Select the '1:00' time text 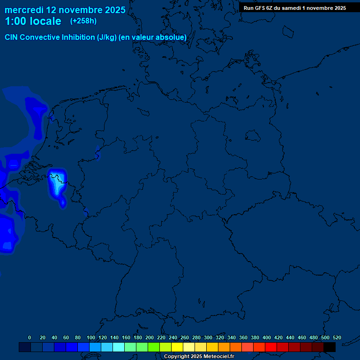click(16, 22)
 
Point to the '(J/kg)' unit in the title click(107, 37)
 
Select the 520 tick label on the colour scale click(337, 338)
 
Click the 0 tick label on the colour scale click(30, 338)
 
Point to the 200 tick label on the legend click(150, 338)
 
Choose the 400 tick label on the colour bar click(267, 338)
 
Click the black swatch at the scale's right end click(330, 347)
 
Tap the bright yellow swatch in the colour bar click(177, 347)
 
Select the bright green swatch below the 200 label click(153, 347)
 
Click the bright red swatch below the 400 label click(270, 347)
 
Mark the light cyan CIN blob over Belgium click(57, 187)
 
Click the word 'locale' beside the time click(47, 22)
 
